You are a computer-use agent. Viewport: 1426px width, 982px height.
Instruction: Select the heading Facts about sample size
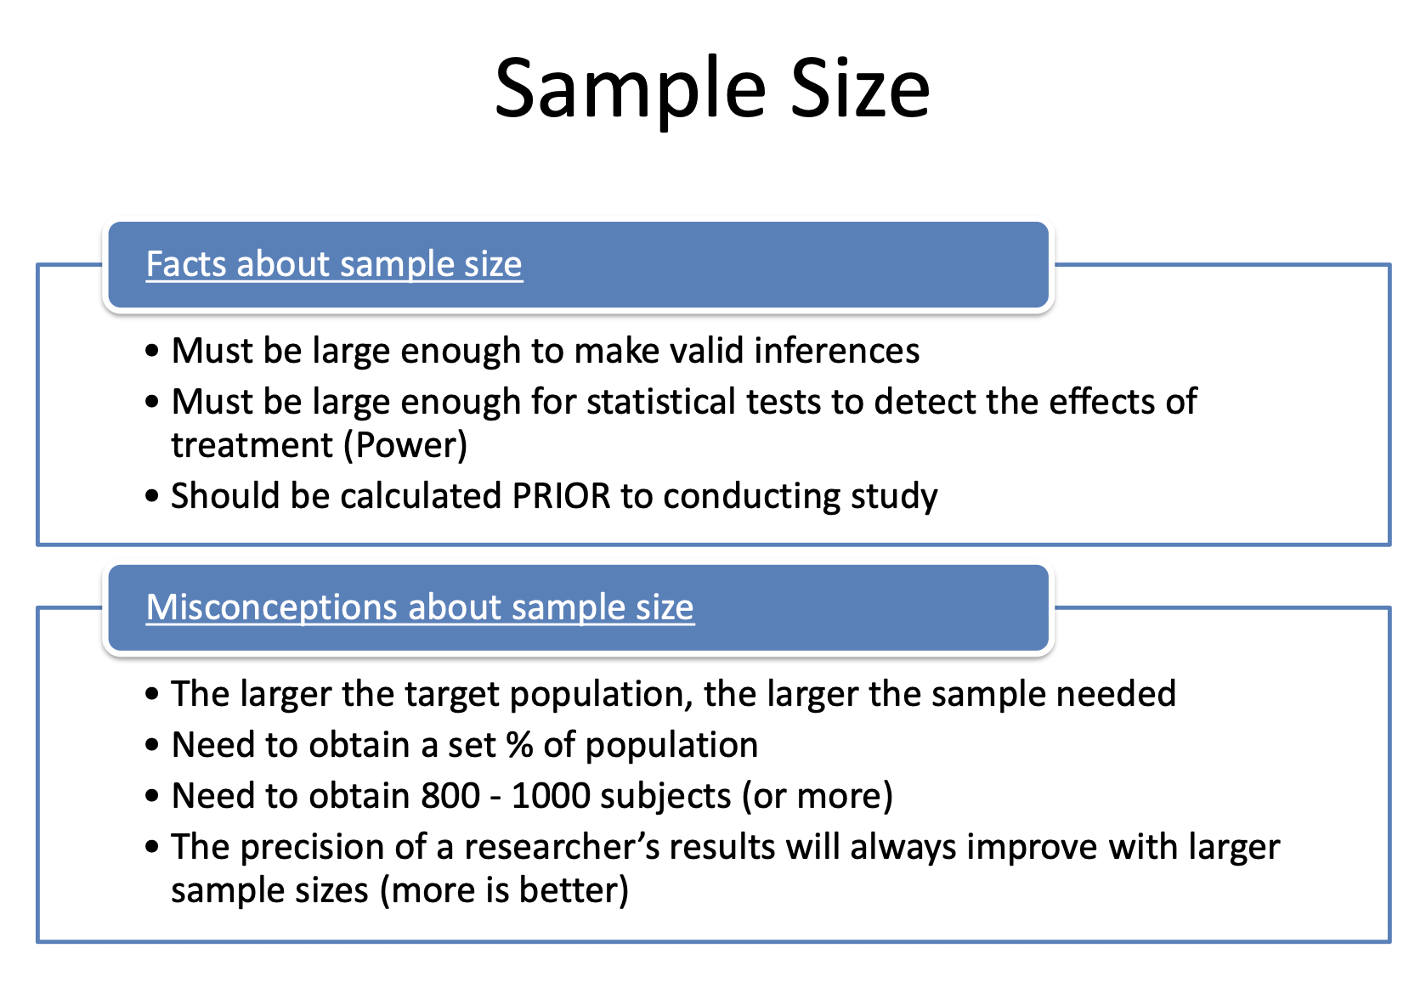click(x=334, y=264)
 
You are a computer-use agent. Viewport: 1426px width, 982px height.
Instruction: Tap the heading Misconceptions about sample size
click(x=420, y=607)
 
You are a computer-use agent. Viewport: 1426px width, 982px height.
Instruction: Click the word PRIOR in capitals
click(x=561, y=495)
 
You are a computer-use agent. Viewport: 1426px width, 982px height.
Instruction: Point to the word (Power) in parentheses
click(x=405, y=445)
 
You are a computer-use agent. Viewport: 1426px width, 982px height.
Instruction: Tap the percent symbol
click(x=519, y=745)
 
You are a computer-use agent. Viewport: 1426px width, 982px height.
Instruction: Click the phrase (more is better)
click(x=504, y=890)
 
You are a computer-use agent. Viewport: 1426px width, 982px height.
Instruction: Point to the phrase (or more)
click(x=818, y=796)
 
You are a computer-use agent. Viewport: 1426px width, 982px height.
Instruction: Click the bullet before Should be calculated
click(x=151, y=496)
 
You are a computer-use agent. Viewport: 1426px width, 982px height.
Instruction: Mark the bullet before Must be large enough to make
click(x=151, y=351)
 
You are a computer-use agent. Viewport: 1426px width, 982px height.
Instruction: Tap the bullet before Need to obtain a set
click(x=151, y=745)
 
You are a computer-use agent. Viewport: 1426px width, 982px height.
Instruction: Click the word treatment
click(x=252, y=445)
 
